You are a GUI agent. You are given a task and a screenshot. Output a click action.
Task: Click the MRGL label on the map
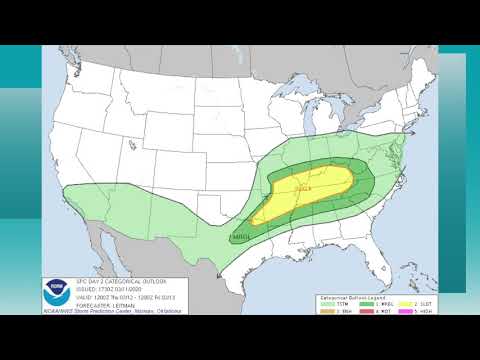240,236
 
